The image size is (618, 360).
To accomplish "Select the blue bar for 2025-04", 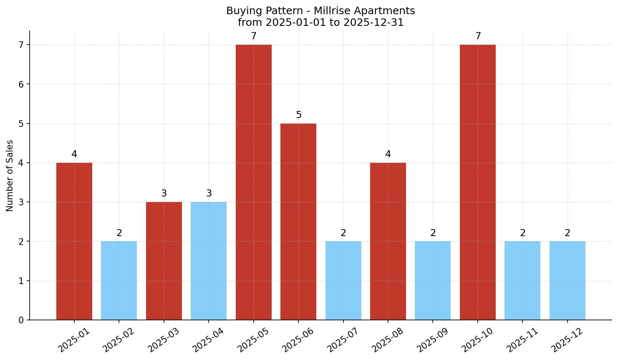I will click(x=209, y=261).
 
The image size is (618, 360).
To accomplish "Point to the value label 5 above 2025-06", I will click(x=299, y=115).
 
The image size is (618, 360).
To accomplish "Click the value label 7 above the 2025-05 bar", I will click(x=254, y=36).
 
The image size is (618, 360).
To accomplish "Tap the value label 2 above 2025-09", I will click(x=433, y=233).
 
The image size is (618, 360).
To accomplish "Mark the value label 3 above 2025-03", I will click(x=164, y=194).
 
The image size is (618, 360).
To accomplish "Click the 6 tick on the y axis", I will click(x=21, y=84).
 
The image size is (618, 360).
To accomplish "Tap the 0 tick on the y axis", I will click(x=21, y=320).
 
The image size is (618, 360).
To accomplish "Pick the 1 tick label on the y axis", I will click(x=21, y=281).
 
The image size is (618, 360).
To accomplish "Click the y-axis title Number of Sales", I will click(x=10, y=176).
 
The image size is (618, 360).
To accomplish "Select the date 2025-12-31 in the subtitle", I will click(x=373, y=23).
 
